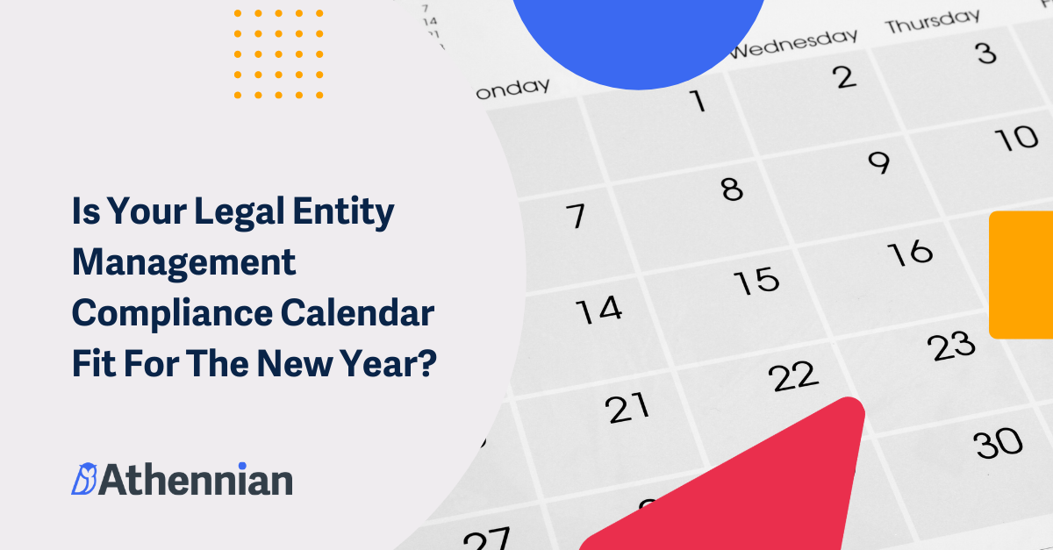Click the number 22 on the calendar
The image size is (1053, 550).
pyautogui.click(x=793, y=376)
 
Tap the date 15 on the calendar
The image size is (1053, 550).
pyautogui.click(x=756, y=281)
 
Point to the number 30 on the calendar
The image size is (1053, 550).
pyautogui.click(x=999, y=443)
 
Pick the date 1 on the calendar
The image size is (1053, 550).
pyautogui.click(x=698, y=102)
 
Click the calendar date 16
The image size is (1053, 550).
pyautogui.click(x=909, y=253)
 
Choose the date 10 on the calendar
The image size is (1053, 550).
pyautogui.click(x=1018, y=139)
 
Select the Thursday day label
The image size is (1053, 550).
pyautogui.click(x=932, y=21)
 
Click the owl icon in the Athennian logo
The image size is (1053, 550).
pyautogui.click(x=83, y=479)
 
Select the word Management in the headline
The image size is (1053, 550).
pyautogui.click(x=183, y=263)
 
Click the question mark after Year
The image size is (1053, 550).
pyautogui.click(x=426, y=362)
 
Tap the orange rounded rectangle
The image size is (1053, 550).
pyautogui.click(x=1021, y=275)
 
